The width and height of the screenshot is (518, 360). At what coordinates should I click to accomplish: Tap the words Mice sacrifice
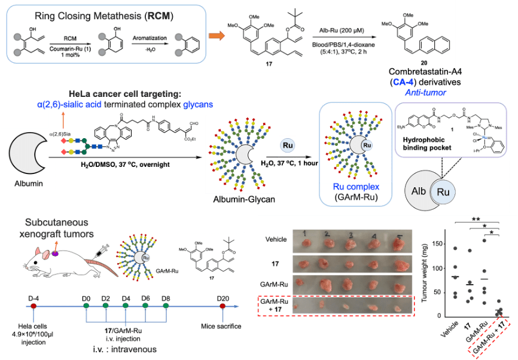(x=223, y=326)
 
